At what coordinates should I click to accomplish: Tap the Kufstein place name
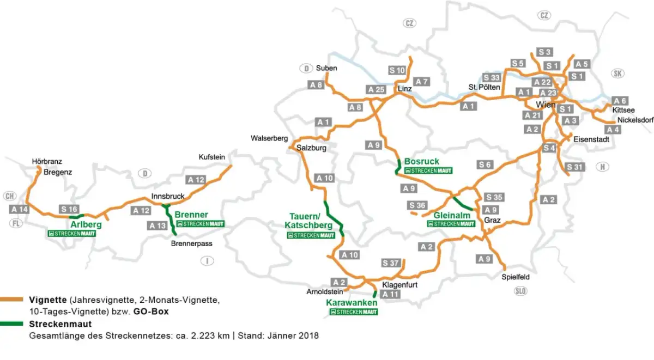click(x=213, y=157)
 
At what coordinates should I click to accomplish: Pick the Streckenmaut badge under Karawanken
click(x=354, y=312)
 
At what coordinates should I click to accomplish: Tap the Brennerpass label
click(x=191, y=243)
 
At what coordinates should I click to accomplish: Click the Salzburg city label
click(x=311, y=148)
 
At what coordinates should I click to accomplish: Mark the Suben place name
click(x=326, y=68)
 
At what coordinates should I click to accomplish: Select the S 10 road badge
click(x=397, y=70)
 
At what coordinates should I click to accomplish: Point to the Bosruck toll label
click(x=421, y=161)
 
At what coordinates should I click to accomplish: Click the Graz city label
click(x=492, y=221)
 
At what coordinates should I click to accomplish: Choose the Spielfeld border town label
click(x=516, y=277)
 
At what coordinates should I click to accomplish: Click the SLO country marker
click(x=521, y=291)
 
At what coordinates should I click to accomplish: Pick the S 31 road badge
click(x=575, y=167)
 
